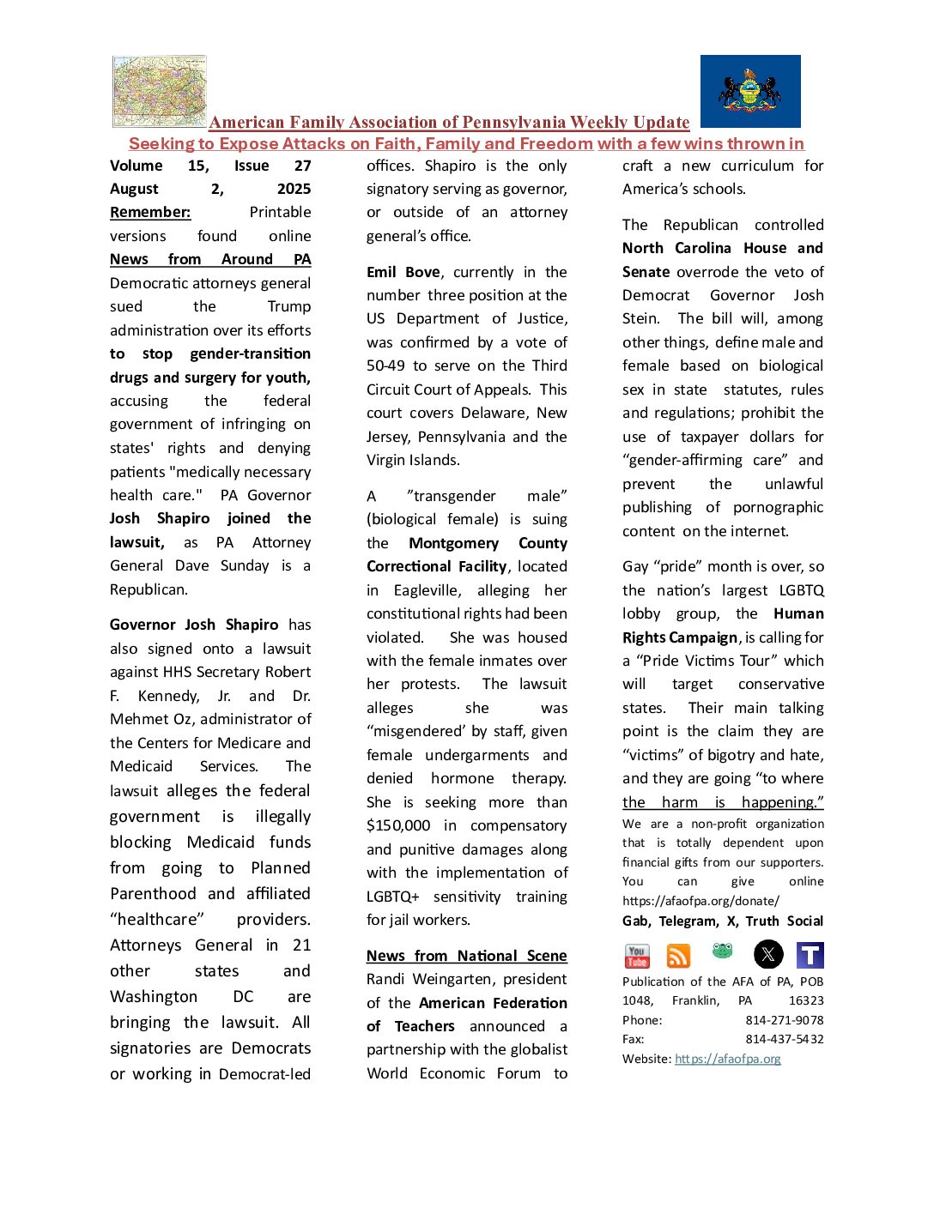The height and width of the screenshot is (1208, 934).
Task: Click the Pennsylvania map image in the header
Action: [160, 91]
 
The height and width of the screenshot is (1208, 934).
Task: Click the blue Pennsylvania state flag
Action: [750, 91]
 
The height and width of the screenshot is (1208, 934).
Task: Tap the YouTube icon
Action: [637, 955]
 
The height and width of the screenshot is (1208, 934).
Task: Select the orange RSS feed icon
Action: [678, 955]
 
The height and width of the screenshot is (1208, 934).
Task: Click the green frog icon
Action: [723, 951]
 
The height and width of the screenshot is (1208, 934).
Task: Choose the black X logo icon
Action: [768, 954]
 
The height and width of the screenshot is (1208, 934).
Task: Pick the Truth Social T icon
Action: [810, 955]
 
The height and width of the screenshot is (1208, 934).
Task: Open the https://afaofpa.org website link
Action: [728, 1059]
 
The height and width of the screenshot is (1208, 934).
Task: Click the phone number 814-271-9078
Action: [785, 1020]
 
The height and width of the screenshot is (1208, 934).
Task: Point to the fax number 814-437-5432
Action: [785, 1039]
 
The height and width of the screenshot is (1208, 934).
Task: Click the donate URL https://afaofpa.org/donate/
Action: [700, 901]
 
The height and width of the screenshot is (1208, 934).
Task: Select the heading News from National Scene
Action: [467, 956]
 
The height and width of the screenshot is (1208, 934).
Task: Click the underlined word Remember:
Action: [150, 212]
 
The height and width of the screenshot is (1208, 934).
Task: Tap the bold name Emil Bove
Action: [403, 272]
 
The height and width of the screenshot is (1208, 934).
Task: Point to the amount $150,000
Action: [398, 825]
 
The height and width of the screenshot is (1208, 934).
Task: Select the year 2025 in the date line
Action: [294, 189]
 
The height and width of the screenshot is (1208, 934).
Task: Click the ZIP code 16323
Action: [806, 1000]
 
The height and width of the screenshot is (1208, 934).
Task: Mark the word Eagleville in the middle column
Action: [428, 590]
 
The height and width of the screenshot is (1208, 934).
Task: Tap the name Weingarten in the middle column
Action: [453, 979]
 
